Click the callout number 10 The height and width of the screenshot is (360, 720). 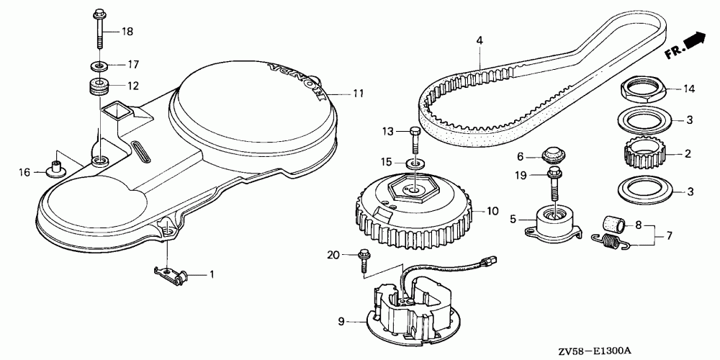click(492, 212)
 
